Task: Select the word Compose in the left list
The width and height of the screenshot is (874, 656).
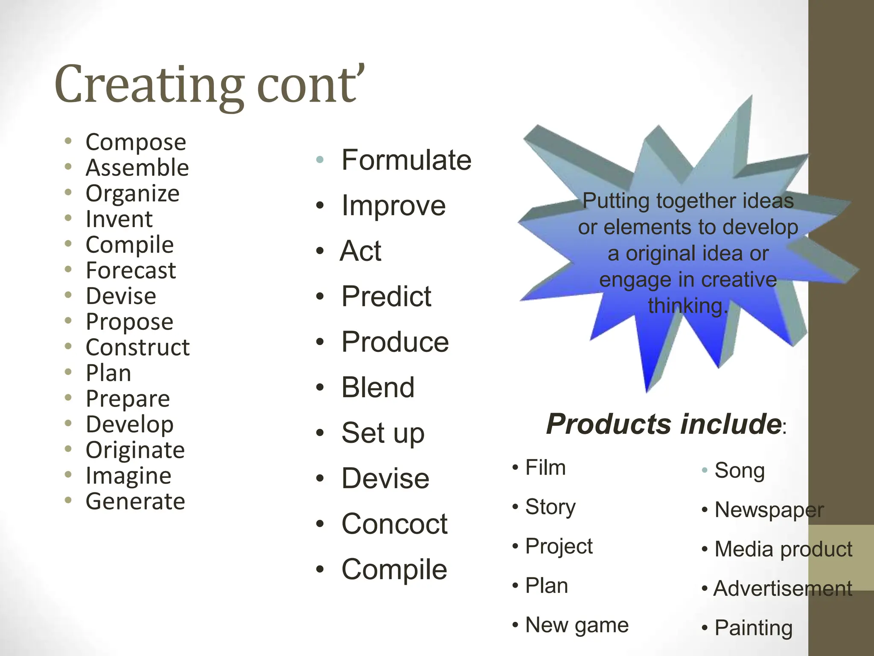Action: click(x=136, y=142)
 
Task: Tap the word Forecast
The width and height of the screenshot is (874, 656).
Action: click(x=131, y=271)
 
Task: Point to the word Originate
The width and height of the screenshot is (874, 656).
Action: click(x=135, y=450)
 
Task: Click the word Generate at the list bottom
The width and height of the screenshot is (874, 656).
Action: click(x=135, y=501)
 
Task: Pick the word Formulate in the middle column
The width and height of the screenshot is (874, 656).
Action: click(x=406, y=160)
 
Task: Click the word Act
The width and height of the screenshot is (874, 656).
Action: click(x=361, y=251)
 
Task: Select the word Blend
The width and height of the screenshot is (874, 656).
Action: click(x=378, y=387)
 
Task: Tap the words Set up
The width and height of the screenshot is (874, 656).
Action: click(x=383, y=433)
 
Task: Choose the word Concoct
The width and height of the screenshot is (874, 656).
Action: click(x=394, y=524)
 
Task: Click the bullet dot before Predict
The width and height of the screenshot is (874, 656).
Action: click(x=320, y=296)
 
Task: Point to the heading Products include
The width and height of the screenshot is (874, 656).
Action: click(x=664, y=424)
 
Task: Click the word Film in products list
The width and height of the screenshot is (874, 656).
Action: click(x=545, y=468)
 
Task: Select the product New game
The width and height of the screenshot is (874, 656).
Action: click(x=577, y=625)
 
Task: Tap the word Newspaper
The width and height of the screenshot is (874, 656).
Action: click(x=769, y=510)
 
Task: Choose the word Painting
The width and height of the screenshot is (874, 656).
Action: click(x=753, y=628)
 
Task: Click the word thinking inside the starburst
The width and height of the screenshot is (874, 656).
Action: click(x=687, y=306)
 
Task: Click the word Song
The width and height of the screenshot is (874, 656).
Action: click(x=739, y=471)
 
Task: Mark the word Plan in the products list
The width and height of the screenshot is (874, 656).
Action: click(x=546, y=586)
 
